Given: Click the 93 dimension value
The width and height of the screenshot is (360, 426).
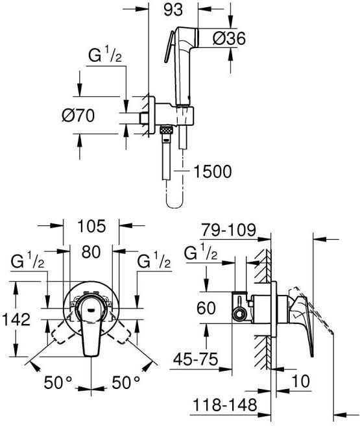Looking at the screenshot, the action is tap(173, 10).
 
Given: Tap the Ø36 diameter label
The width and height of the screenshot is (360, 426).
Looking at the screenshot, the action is tap(229, 38).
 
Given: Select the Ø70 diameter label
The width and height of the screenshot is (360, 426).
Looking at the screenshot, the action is tap(78, 116).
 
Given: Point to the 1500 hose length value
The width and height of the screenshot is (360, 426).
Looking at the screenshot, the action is tap(213, 171).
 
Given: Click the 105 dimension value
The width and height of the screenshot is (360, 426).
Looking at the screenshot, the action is tap(91, 226).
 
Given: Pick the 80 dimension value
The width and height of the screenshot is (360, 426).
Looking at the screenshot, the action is tap(91, 252).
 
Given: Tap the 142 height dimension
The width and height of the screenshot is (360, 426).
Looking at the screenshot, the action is tap(16, 319).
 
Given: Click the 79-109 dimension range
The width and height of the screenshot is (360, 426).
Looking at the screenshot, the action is tap(228, 230).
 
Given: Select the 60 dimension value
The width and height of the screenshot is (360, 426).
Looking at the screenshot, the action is tap(206, 308).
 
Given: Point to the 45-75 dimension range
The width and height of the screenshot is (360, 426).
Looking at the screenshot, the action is tap(196, 360).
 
